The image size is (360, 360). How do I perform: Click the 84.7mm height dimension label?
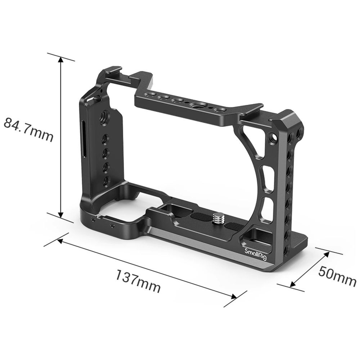coord(28,130)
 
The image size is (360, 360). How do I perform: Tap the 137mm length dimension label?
coord(138,281)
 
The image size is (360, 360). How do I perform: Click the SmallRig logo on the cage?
coord(256,255)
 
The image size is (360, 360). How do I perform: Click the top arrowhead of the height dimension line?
coord(60,60)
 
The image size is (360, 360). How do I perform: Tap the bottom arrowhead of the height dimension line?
coord(60,214)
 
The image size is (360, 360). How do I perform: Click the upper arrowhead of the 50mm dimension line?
coord(326,254)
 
